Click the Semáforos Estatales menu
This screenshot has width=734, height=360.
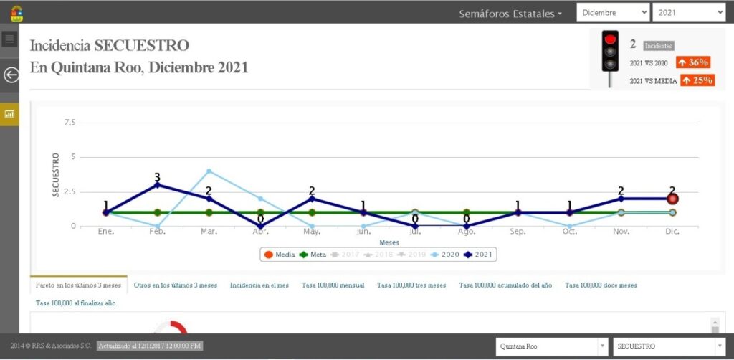pos(510,14)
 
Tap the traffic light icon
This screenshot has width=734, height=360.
pos(609,55)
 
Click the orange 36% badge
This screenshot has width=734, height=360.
pos(692,62)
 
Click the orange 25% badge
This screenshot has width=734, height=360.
pos(697,80)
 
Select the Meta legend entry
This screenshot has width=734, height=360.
pos(313,255)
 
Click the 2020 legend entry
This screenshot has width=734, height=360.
pos(446,255)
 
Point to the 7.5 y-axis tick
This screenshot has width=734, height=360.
pos(69,123)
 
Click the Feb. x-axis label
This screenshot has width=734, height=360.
pos(157,232)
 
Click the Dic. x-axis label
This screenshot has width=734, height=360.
pos(672,232)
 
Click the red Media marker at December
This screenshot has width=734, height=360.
pos(672,199)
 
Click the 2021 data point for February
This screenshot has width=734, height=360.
pos(157,185)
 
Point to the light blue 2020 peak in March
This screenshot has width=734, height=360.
pos(209,171)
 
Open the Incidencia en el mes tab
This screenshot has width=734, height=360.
pos(259,285)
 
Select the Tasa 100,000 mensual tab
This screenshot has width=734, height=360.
pos(333,285)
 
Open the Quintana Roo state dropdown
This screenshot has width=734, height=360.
pos(550,346)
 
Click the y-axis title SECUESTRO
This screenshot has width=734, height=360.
pos(55,175)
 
